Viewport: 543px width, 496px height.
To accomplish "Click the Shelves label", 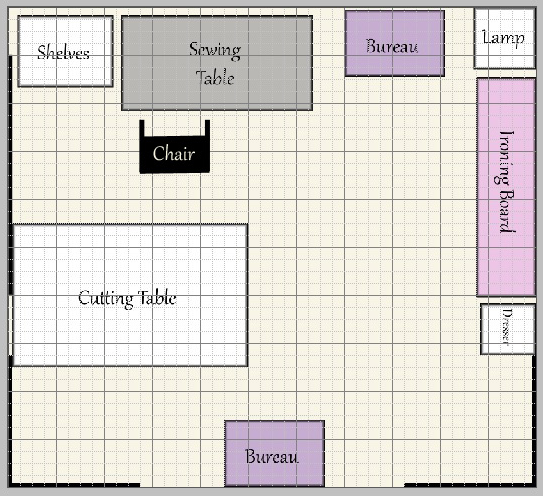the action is pyautogui.click(x=63, y=53).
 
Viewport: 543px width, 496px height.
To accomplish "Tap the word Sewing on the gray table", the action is pyautogui.click(x=215, y=50).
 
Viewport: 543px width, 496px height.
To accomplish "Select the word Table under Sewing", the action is pyautogui.click(x=215, y=77).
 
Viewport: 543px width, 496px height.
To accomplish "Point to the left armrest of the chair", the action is pyautogui.click(x=142, y=129).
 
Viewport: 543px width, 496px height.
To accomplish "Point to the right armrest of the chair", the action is pyautogui.click(x=207, y=129).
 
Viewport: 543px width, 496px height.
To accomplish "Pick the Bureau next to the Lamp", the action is pyautogui.click(x=395, y=43).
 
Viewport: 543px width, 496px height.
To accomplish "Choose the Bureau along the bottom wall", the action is pyautogui.click(x=274, y=453).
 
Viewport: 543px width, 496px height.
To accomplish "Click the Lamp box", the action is pyautogui.click(x=504, y=38).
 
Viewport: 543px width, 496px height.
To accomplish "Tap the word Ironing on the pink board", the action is pyautogui.click(x=505, y=158).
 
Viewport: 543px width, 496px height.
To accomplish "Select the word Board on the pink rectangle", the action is pyautogui.click(x=506, y=211).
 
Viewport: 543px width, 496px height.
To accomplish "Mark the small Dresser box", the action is pyautogui.click(x=508, y=329).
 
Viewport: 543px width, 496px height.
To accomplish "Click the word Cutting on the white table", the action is pyautogui.click(x=106, y=299).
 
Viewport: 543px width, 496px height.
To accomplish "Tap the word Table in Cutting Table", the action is pyautogui.click(x=157, y=298).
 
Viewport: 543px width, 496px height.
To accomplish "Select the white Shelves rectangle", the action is pyautogui.click(x=65, y=51).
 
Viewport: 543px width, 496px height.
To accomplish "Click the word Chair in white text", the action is pyautogui.click(x=174, y=153).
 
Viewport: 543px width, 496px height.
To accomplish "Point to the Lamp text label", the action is pyautogui.click(x=504, y=38).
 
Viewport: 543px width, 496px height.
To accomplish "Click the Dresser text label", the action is pyautogui.click(x=506, y=327).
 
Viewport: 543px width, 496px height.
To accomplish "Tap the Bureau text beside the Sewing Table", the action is pyautogui.click(x=392, y=46).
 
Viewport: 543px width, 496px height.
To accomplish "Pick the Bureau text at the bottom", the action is pyautogui.click(x=272, y=456).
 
